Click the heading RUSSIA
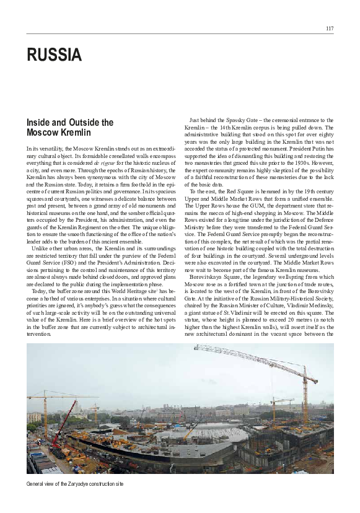[54, 56]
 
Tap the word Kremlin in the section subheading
[75, 133]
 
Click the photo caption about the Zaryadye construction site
[75, 483]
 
